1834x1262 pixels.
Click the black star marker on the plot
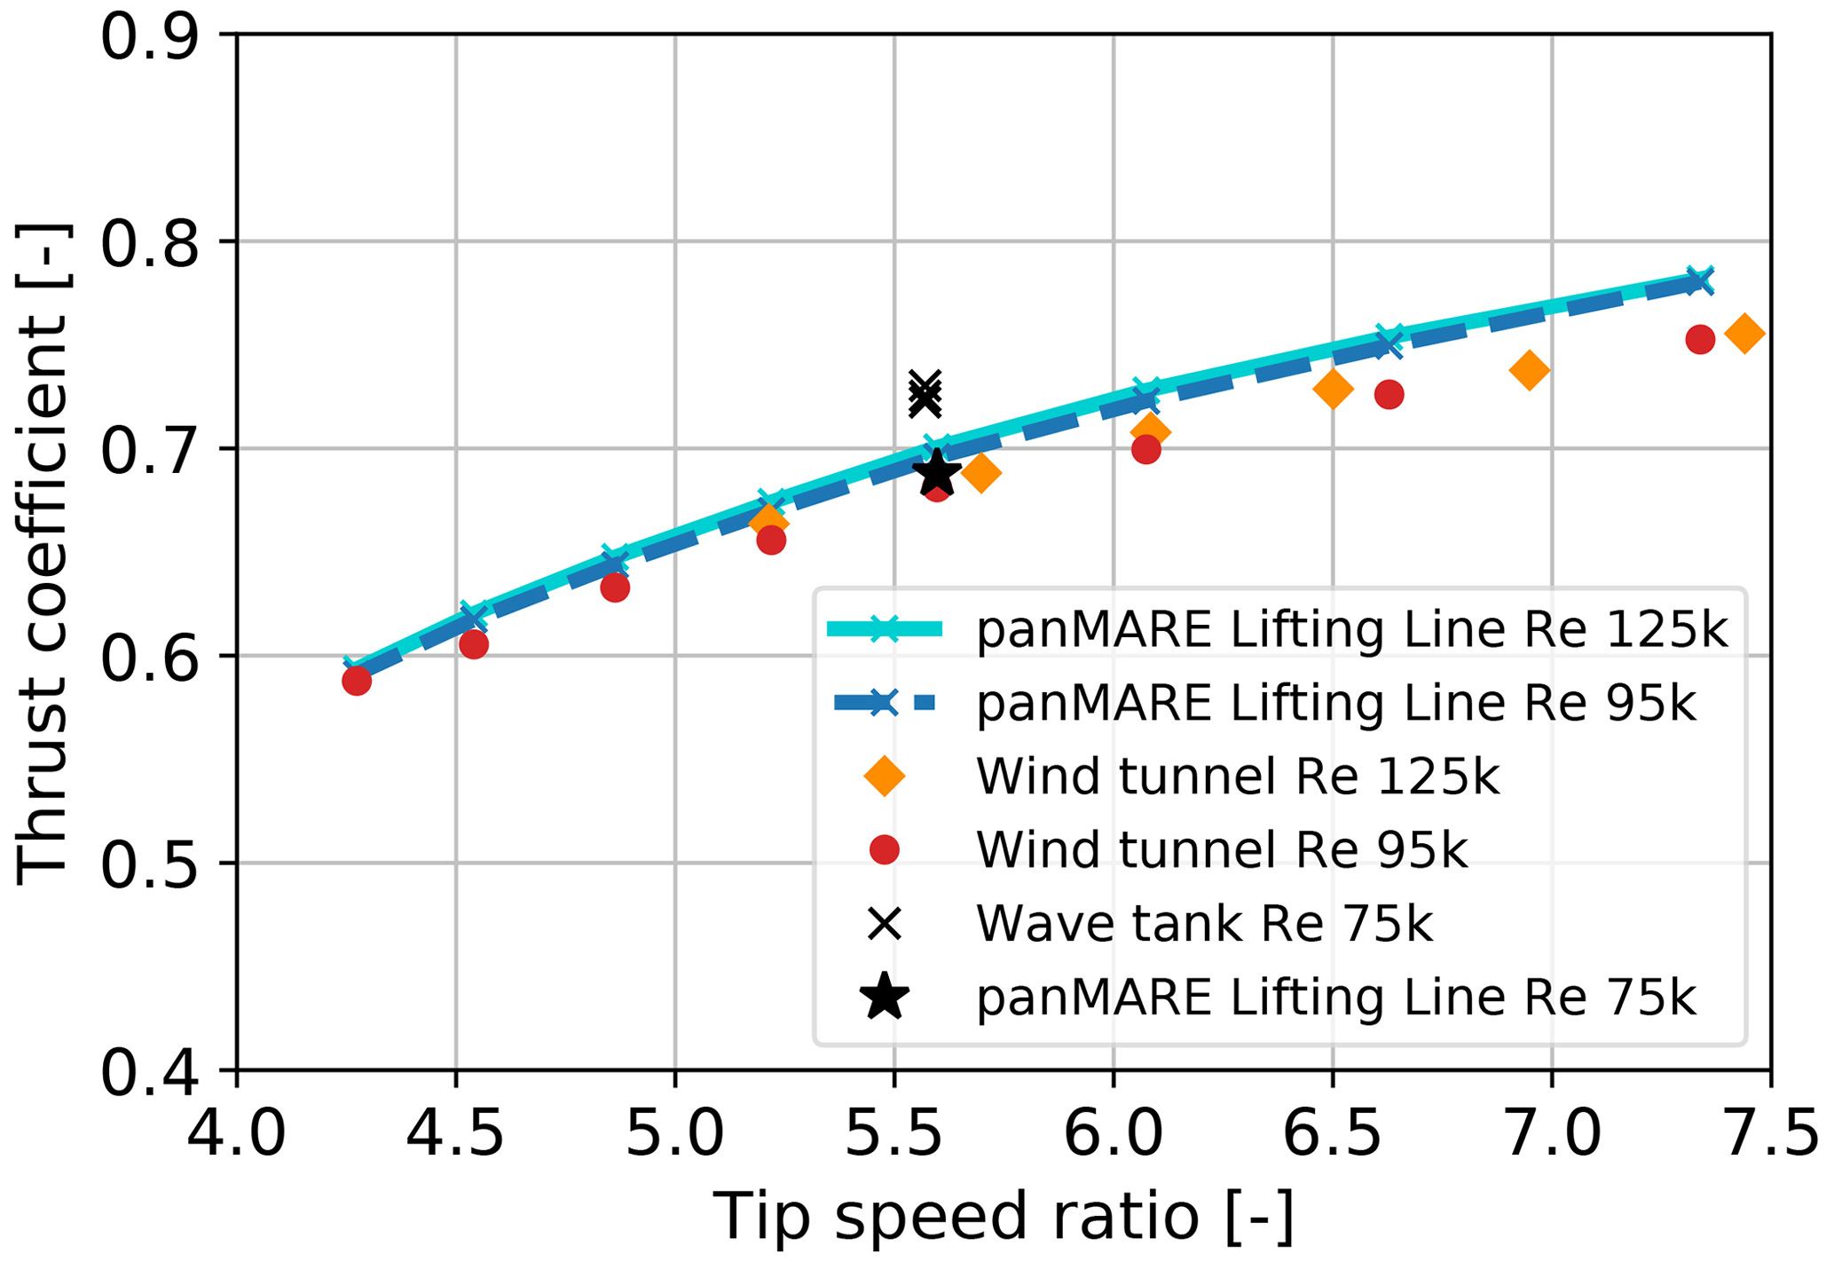pyautogui.click(x=937, y=472)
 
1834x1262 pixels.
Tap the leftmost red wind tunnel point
pyautogui.click(x=357, y=681)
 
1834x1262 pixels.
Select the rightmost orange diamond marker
pyautogui.click(x=1743, y=334)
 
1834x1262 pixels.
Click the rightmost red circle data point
pyautogui.click(x=1699, y=339)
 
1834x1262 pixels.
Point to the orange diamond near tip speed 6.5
pyautogui.click(x=1333, y=389)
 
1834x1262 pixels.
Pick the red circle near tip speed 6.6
pyautogui.click(x=1389, y=395)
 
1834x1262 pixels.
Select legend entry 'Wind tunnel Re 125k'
pyautogui.click(x=1237, y=777)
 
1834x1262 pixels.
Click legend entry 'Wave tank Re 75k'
pyautogui.click(x=1204, y=924)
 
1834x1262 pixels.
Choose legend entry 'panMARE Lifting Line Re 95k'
pyautogui.click(x=1335, y=704)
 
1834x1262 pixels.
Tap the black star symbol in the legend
pyautogui.click(x=885, y=997)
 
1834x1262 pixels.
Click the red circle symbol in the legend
pyautogui.click(x=885, y=850)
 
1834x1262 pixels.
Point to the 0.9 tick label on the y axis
pyautogui.click(x=148, y=37)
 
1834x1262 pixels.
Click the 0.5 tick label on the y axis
pyautogui.click(x=148, y=864)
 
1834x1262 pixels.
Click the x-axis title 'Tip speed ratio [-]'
pyautogui.click(x=1004, y=1218)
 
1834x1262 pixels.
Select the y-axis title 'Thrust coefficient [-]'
pyautogui.click(x=43, y=552)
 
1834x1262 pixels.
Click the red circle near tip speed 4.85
pyautogui.click(x=615, y=588)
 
